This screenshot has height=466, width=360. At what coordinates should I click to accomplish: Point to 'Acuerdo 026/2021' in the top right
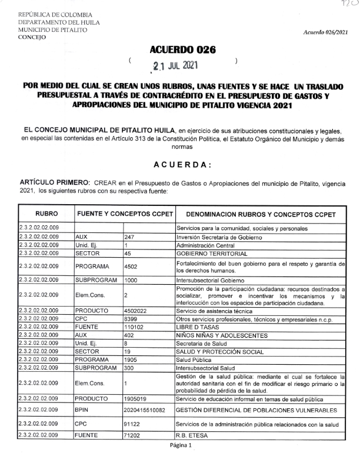coord(329,32)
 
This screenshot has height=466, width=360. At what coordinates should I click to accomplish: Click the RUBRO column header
coord(46,214)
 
